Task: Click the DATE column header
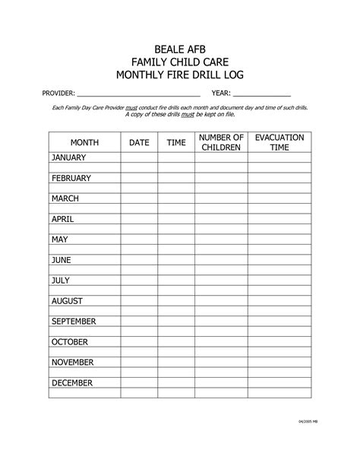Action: click(139, 142)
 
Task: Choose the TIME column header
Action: click(176, 142)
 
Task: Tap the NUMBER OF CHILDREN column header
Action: click(221, 142)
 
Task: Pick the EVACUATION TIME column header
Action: click(279, 142)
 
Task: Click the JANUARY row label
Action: click(69, 158)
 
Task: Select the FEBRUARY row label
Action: click(71, 179)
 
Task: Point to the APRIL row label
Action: click(62, 220)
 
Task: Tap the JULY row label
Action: click(61, 281)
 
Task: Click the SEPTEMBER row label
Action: click(74, 322)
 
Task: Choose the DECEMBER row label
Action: click(72, 383)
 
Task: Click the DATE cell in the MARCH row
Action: click(139, 199)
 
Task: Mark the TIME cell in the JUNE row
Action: click(176, 260)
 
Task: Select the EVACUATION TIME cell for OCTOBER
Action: click(279, 342)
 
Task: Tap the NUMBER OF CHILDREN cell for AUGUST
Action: click(221, 301)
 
